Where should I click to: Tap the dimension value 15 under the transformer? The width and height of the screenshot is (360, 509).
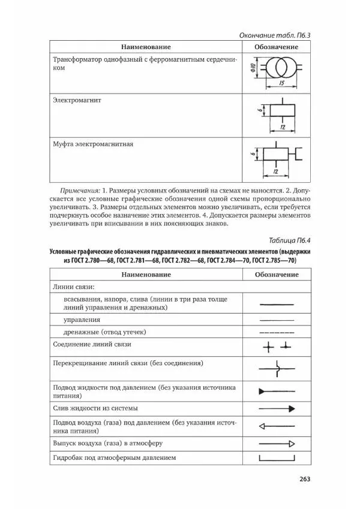281,83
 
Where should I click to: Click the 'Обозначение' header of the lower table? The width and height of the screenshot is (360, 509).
277,274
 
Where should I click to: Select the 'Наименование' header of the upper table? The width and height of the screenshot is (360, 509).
146,47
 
